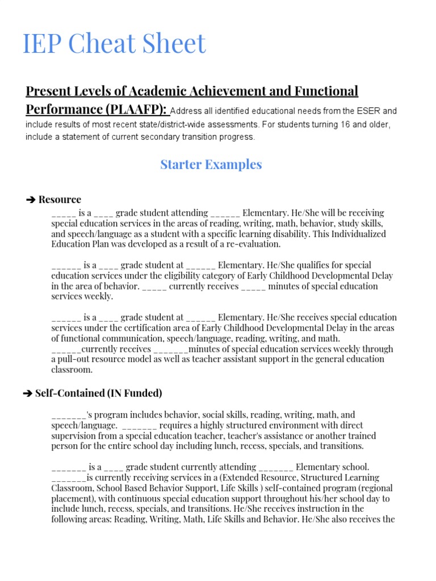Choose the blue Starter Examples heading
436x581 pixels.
click(211, 165)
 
